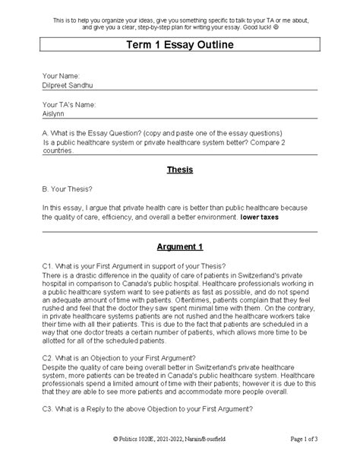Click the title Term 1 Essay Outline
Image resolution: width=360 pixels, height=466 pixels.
point(180,46)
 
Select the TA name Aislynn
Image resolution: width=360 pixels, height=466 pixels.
point(55,114)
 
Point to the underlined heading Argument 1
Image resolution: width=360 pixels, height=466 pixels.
point(180,247)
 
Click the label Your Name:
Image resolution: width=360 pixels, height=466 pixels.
point(62,77)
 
